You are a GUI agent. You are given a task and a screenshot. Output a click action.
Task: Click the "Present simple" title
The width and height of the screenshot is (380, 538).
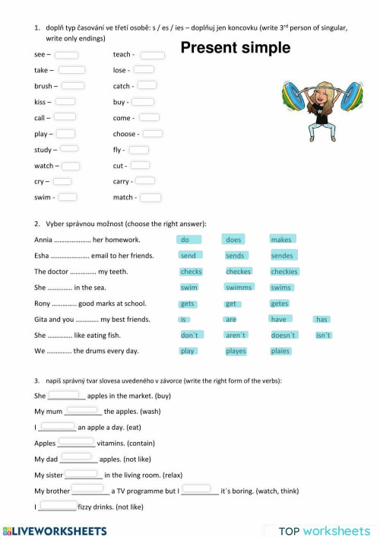(x=236, y=49)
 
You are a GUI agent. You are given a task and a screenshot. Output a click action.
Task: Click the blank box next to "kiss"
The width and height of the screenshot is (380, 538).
(x=65, y=101)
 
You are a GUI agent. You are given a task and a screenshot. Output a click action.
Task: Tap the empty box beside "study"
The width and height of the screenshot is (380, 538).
(x=69, y=149)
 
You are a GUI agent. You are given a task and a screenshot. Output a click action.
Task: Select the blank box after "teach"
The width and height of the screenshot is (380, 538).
(x=153, y=55)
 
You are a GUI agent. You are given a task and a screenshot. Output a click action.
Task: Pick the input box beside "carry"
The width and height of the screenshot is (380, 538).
(x=144, y=181)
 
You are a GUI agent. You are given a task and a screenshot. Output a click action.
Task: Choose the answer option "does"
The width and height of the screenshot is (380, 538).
(x=233, y=240)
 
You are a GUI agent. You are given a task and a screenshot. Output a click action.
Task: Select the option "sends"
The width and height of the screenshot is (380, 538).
(x=235, y=256)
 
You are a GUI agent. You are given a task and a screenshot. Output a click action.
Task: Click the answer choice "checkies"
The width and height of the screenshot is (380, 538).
(x=284, y=272)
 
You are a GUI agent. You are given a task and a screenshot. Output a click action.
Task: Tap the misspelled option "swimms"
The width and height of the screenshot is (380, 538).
(x=238, y=288)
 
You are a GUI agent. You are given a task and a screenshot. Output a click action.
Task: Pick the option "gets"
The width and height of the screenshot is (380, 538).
(x=188, y=304)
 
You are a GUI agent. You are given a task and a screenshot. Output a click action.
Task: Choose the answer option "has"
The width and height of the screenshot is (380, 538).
(x=321, y=320)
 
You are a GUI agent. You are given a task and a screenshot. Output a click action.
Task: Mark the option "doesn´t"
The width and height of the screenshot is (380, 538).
(x=283, y=336)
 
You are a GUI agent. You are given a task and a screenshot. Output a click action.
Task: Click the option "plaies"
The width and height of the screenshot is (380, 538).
(x=280, y=352)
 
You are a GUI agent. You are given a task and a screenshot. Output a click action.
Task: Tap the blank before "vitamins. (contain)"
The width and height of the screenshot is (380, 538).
(x=76, y=442)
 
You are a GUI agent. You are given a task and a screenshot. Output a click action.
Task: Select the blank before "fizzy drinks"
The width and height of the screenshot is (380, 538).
(x=57, y=506)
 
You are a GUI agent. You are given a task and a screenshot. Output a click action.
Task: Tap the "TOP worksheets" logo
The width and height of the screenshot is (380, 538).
(x=325, y=530)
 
